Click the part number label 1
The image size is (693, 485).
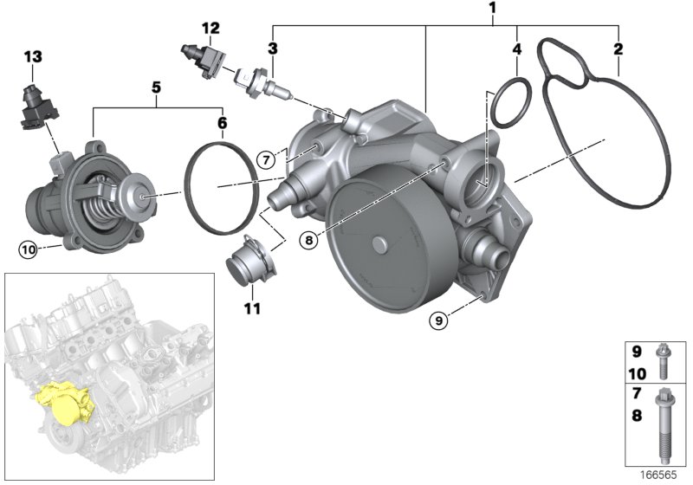[x=492, y=10]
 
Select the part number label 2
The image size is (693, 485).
[x=618, y=48]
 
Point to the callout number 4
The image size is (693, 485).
[x=516, y=49]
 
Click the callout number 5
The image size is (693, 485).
[x=157, y=87]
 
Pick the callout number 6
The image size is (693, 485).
[x=222, y=123]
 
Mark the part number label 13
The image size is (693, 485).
[x=32, y=56]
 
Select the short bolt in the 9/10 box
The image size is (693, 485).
[x=661, y=364]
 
